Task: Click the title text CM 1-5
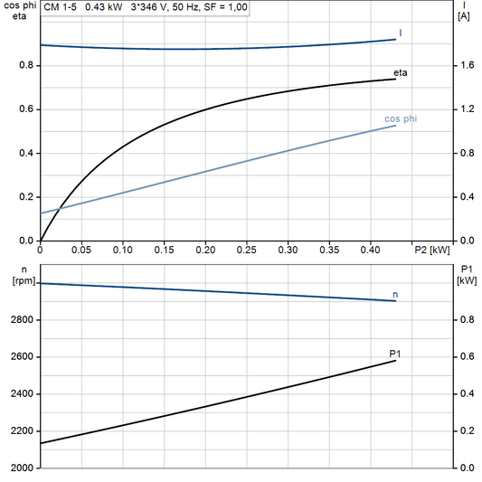click(x=60, y=7)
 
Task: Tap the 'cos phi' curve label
click(x=401, y=118)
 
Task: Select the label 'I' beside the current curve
click(x=401, y=33)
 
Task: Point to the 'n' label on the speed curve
click(x=395, y=294)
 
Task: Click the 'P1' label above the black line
click(x=394, y=353)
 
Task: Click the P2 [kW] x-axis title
click(x=431, y=250)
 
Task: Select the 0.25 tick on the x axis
click(x=247, y=250)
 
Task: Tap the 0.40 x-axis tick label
click(x=371, y=250)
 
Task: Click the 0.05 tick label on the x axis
click(x=81, y=250)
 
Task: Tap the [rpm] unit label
click(x=19, y=279)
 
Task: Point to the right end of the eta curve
click(x=396, y=79)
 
